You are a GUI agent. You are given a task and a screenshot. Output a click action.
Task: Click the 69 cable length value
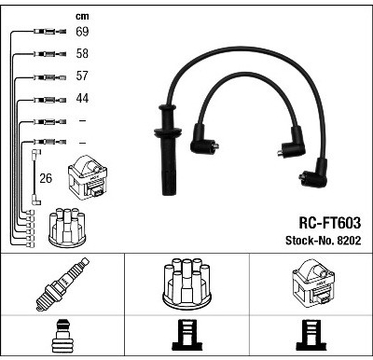82,32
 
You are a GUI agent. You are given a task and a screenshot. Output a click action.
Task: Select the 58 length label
82,53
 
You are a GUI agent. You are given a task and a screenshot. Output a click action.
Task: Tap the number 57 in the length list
82,76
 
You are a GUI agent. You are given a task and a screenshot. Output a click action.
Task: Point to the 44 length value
82,98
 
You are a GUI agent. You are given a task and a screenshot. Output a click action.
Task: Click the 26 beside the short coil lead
46,178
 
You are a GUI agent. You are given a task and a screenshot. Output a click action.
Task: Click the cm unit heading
82,16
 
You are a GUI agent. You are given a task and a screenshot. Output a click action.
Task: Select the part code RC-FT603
330,223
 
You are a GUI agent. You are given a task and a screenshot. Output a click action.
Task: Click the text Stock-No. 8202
324,241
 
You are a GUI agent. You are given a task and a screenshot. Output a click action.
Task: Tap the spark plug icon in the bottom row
62,284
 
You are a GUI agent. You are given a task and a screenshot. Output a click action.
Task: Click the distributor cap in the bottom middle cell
186,284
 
